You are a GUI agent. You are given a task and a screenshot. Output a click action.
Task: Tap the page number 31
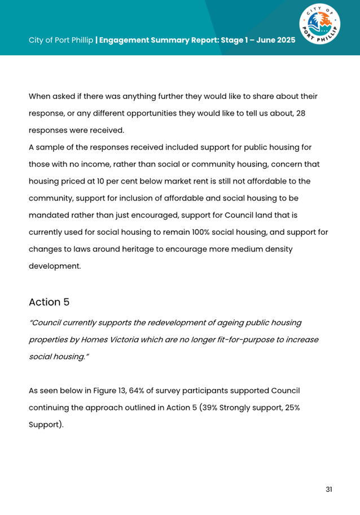pos(329,489)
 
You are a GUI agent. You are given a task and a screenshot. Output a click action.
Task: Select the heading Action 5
pos(49,302)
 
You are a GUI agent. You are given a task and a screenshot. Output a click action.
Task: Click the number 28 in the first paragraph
pos(301,113)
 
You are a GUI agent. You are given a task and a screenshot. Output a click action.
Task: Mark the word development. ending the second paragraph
pos(55,266)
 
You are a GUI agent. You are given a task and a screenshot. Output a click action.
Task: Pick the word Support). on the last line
pos(46,425)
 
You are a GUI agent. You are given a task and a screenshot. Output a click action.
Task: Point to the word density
pos(276,249)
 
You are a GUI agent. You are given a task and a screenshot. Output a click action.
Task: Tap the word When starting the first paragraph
pos(39,96)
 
